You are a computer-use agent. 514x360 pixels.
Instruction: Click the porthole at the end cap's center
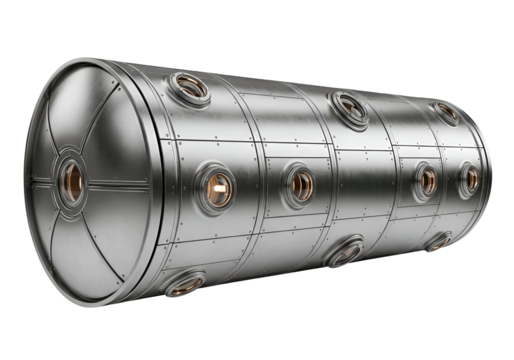point(73,183)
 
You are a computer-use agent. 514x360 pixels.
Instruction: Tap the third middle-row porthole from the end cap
point(426,179)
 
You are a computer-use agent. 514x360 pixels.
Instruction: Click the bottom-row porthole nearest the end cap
point(184,286)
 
